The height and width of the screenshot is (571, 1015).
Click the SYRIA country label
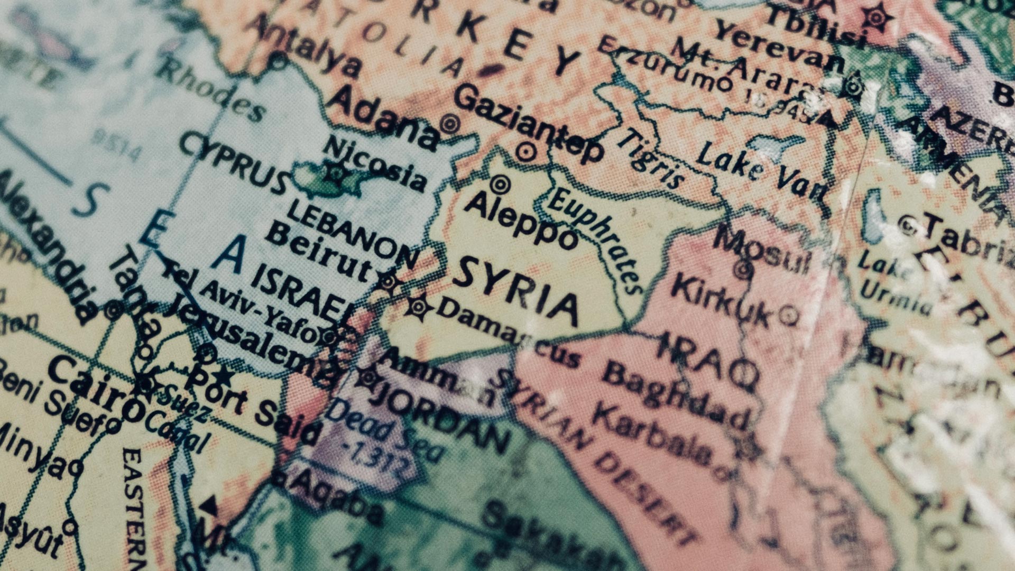tap(515, 291)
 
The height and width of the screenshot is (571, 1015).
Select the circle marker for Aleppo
tap(500, 185)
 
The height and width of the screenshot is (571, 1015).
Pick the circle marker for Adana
tap(450, 125)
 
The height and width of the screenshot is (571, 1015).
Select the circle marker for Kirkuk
tap(789, 315)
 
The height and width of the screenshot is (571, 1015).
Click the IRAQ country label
tap(708, 360)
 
